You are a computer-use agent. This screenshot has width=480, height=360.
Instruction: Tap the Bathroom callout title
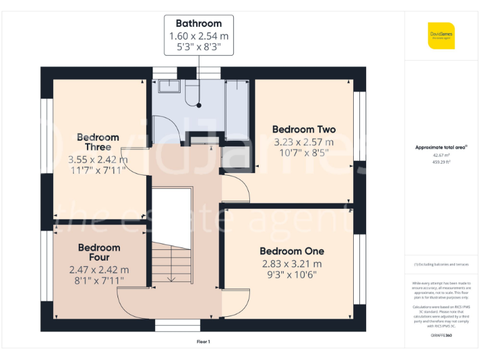pos(198,24)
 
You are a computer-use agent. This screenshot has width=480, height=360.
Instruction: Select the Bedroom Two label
pos(304,129)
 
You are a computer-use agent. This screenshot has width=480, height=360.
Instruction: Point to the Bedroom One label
pos(292,251)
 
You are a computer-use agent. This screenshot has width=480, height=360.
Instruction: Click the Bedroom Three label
pos(97,142)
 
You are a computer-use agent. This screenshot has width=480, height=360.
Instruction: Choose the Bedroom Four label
pos(99,252)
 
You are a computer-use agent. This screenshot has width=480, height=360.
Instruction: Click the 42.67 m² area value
pos(441,154)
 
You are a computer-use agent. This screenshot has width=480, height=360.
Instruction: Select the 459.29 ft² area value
pos(441,161)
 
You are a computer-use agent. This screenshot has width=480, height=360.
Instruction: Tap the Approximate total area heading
pos(441,147)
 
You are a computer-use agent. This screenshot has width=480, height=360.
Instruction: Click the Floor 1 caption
pos(203,342)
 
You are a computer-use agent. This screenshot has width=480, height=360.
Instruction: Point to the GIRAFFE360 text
pos(441,336)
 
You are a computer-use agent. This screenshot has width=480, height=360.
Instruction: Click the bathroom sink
pos(168,86)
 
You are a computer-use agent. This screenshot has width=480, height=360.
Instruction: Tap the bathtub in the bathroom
pos(236,109)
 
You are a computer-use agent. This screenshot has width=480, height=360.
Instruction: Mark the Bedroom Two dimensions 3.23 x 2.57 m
pos(304,142)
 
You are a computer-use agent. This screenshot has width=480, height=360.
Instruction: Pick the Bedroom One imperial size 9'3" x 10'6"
pos(292,274)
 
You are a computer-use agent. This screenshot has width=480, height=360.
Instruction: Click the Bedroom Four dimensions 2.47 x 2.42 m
pos(99,270)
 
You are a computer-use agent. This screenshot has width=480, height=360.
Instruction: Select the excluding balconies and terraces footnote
pos(441,264)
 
